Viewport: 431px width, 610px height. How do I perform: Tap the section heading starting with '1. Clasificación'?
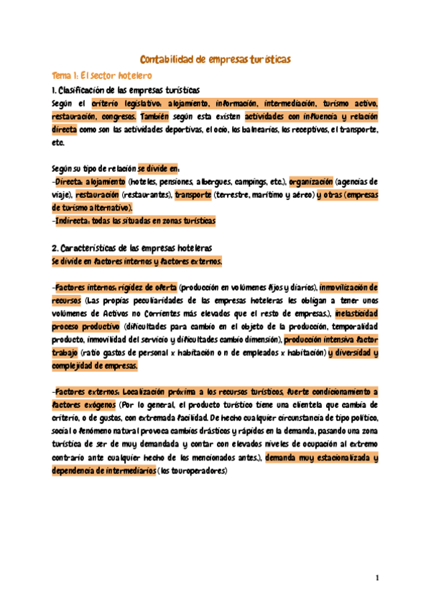pyautogui.click(x=126, y=90)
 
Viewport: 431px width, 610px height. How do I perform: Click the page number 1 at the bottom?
pyautogui.click(x=376, y=578)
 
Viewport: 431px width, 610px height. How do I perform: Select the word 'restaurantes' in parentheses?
pyautogui.click(x=146, y=195)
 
